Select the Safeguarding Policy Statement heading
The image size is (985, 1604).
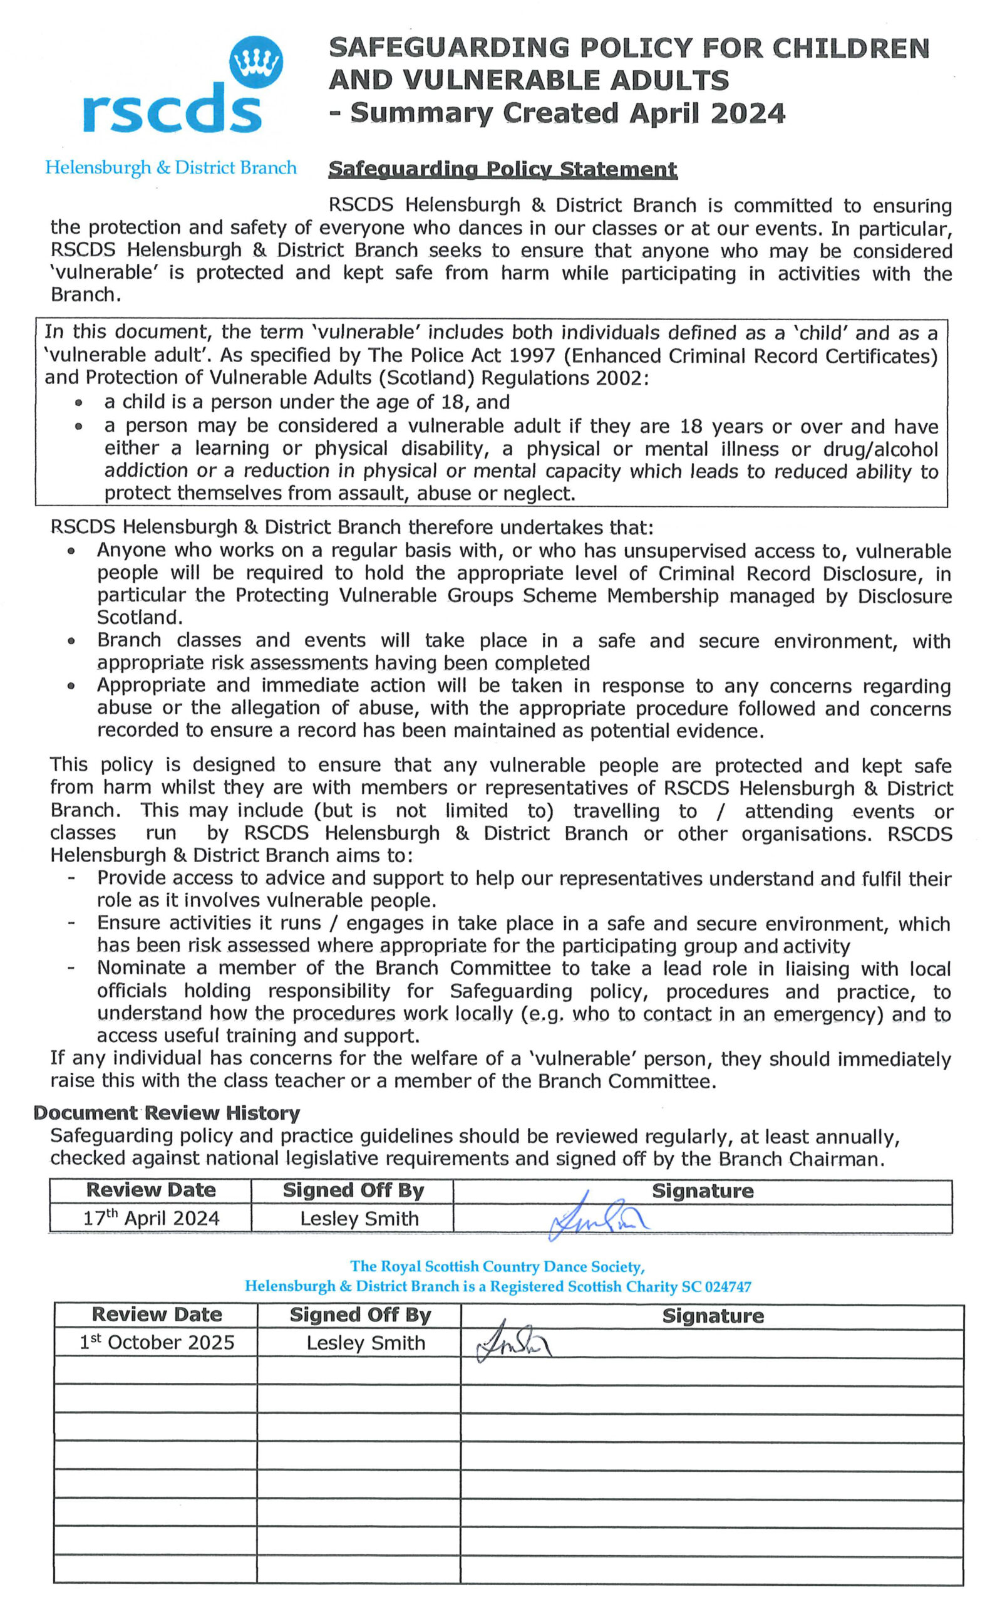pyautogui.click(x=502, y=169)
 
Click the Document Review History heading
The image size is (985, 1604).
pyautogui.click(x=167, y=1113)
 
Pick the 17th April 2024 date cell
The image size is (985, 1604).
pyautogui.click(x=151, y=1218)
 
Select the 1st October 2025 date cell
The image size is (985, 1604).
pyautogui.click(x=157, y=1342)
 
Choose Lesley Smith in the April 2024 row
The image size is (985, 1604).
pyautogui.click(x=359, y=1218)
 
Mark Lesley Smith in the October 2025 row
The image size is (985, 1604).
pyautogui.click(x=366, y=1343)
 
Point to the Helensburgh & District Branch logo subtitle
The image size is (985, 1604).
pyautogui.click(x=171, y=167)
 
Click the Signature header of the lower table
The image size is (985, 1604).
pyautogui.click(x=713, y=1315)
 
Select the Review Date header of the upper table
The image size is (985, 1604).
pyautogui.click(x=150, y=1190)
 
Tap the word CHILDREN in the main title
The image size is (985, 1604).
pyautogui.click(x=850, y=49)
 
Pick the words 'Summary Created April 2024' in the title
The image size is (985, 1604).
pyautogui.click(x=567, y=113)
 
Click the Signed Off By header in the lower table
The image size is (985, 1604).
pyautogui.click(x=360, y=1315)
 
